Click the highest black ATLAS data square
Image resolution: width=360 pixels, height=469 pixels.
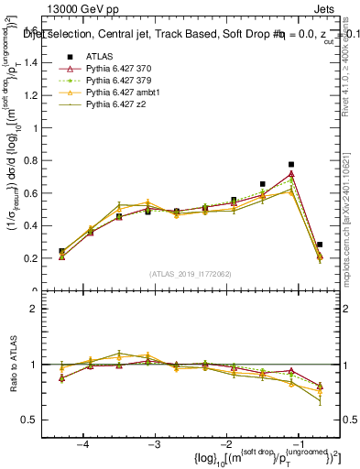(x=291, y=165)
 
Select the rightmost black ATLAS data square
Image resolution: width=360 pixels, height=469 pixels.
(x=319, y=245)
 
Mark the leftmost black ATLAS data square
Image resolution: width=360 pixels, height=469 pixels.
(x=62, y=251)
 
